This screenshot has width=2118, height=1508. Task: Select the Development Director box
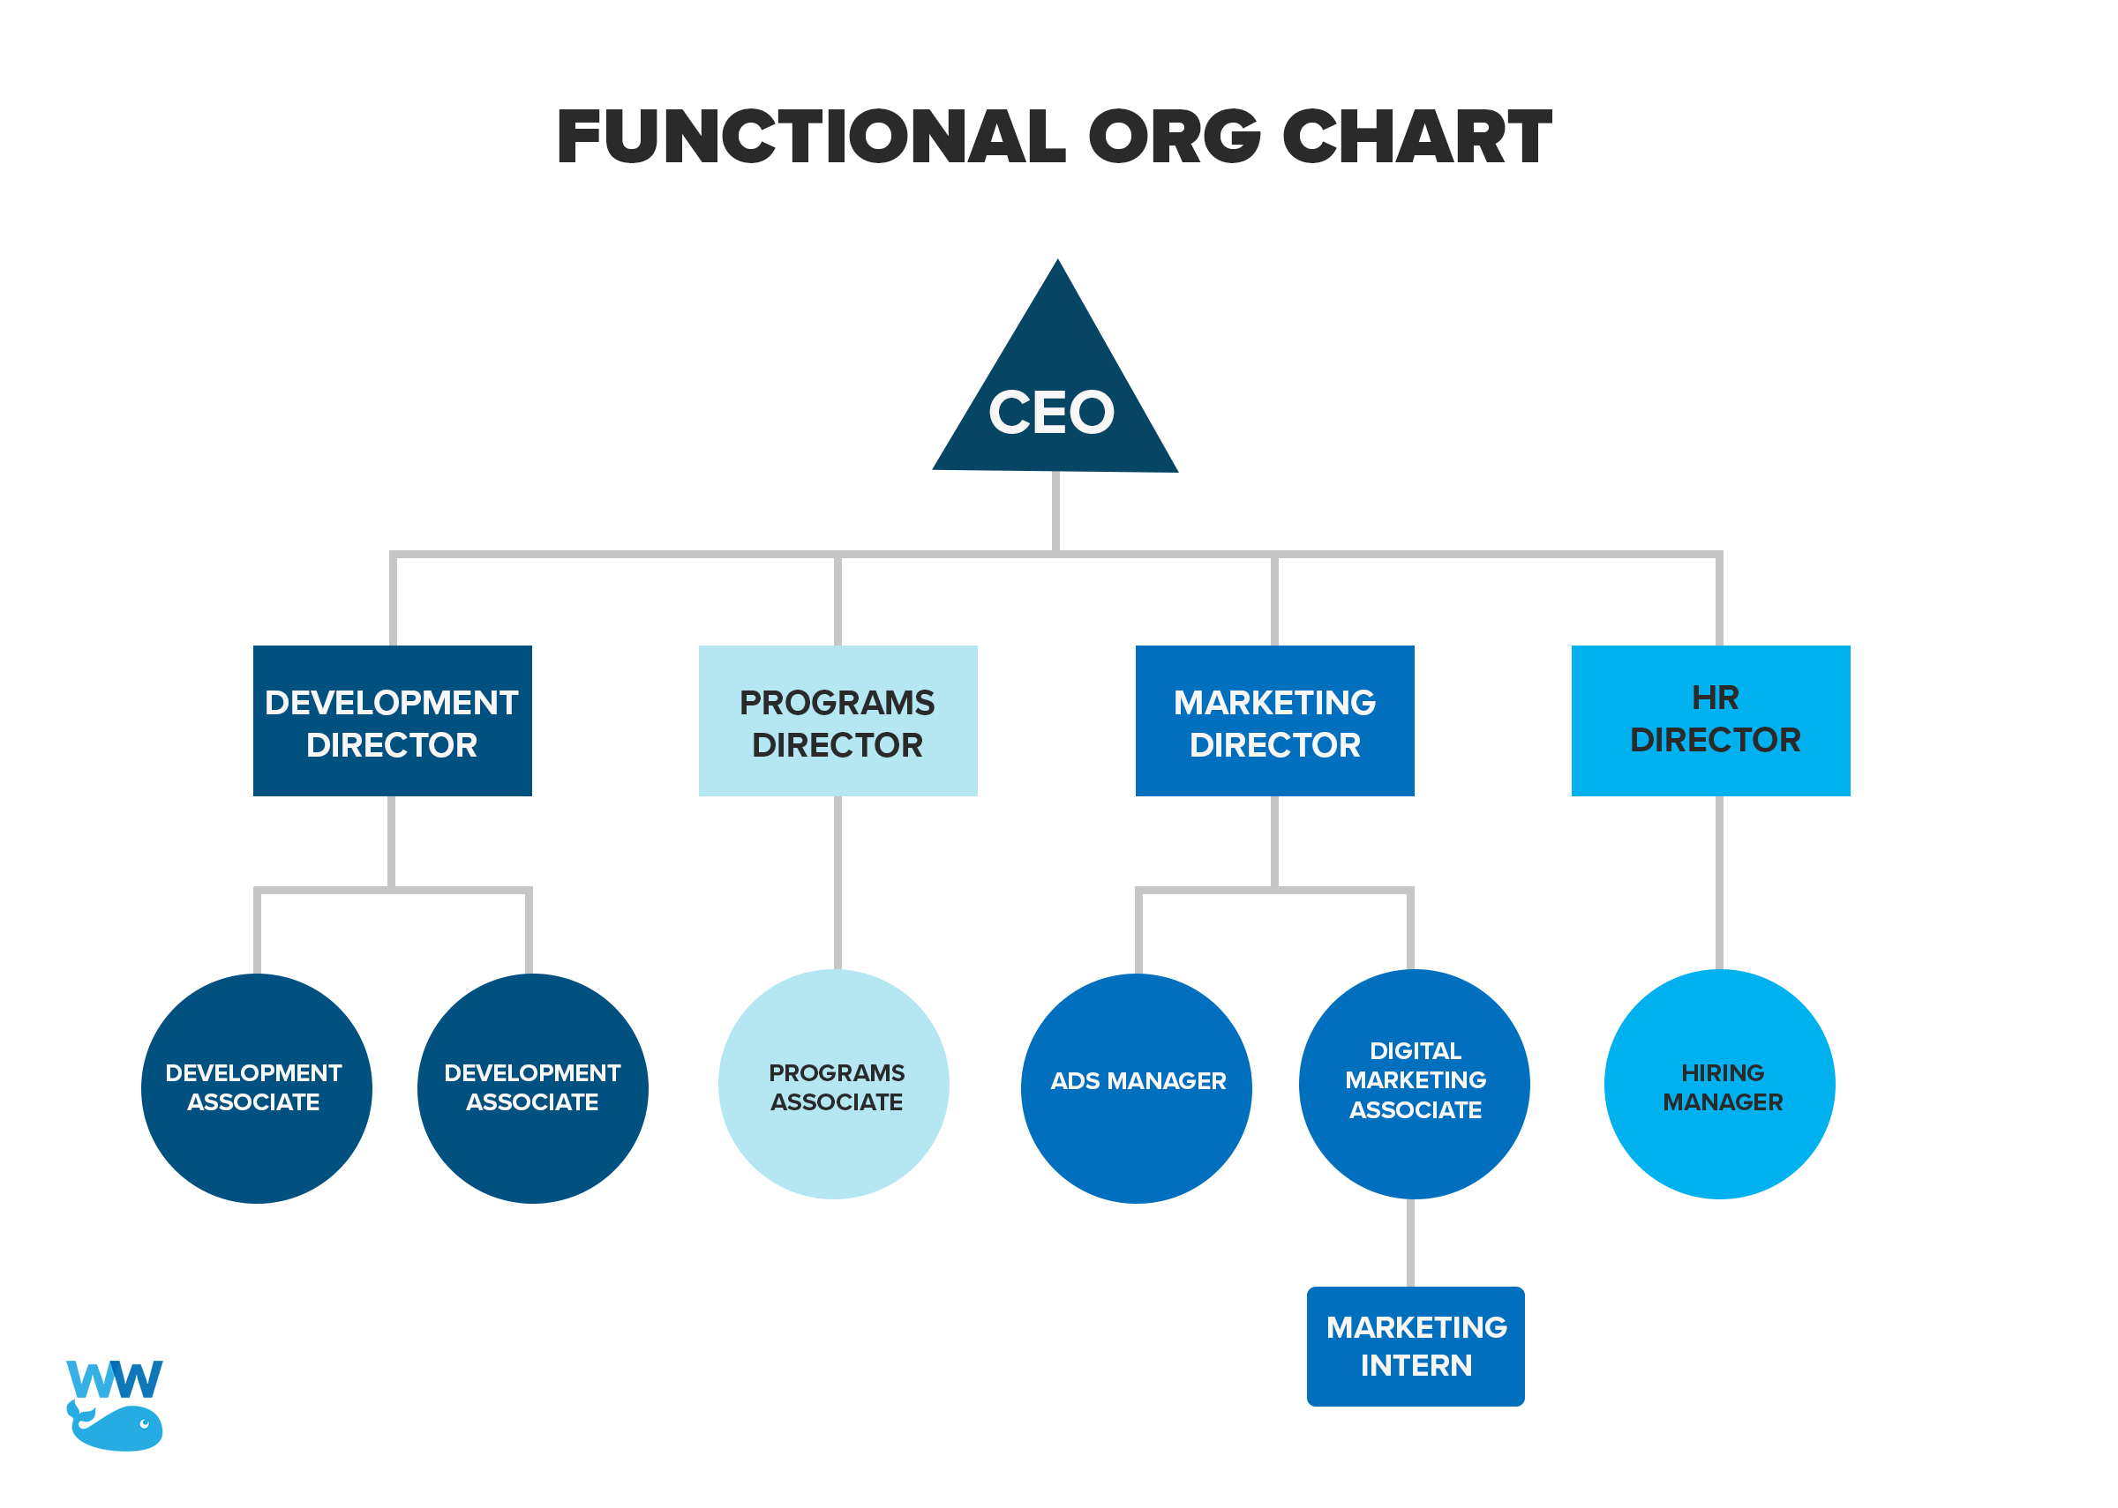[392, 721]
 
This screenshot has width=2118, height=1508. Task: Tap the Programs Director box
[837, 721]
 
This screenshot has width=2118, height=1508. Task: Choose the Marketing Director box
[1274, 721]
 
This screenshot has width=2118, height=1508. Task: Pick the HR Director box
[1710, 721]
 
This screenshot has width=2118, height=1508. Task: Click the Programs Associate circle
[833, 1085]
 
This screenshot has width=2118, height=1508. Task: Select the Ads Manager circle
[1136, 1088]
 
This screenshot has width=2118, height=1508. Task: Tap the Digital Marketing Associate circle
[1414, 1085]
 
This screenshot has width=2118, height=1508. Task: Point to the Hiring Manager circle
[1719, 1085]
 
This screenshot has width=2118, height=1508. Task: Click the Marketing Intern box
[1416, 1347]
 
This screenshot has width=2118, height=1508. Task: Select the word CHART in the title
[1416, 138]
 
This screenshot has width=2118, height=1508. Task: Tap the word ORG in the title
[1175, 138]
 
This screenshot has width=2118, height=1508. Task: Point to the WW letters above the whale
[114, 1380]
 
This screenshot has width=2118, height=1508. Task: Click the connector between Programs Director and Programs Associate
[837, 882]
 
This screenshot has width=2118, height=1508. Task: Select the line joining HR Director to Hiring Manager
[1719, 882]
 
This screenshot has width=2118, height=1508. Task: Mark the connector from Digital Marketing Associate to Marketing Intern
[1410, 1243]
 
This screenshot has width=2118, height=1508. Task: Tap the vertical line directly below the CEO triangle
[1055, 511]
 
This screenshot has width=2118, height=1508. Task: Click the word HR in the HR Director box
[1715, 698]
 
